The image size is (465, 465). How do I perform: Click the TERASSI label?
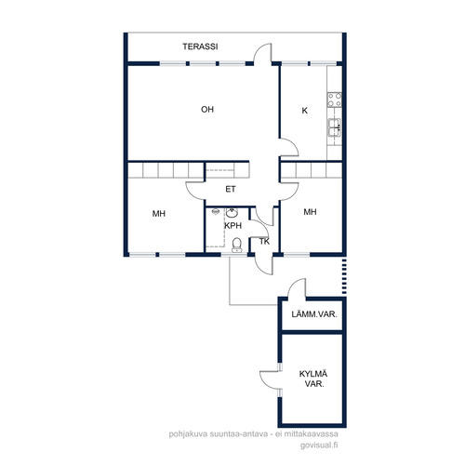click(200, 46)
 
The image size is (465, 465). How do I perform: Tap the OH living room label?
click(207, 110)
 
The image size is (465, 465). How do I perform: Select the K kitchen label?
click(305, 111)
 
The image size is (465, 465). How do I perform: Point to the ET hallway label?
click(231, 189)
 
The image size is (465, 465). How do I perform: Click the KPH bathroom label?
click(232, 226)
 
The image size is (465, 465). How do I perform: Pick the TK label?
click(264, 242)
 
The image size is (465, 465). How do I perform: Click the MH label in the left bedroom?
click(159, 214)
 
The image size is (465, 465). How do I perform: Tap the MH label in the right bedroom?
click(310, 212)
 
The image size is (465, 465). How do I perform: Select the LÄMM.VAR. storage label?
click(314, 314)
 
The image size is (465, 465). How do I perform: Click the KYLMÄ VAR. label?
click(313, 379)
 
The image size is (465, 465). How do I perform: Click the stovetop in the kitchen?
click(335, 100)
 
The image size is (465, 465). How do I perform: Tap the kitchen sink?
click(335, 127)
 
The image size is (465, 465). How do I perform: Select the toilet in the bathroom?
click(237, 245)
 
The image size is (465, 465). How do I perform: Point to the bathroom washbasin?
click(232, 213)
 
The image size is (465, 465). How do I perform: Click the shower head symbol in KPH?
click(215, 212)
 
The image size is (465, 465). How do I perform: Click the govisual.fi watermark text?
click(319, 445)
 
